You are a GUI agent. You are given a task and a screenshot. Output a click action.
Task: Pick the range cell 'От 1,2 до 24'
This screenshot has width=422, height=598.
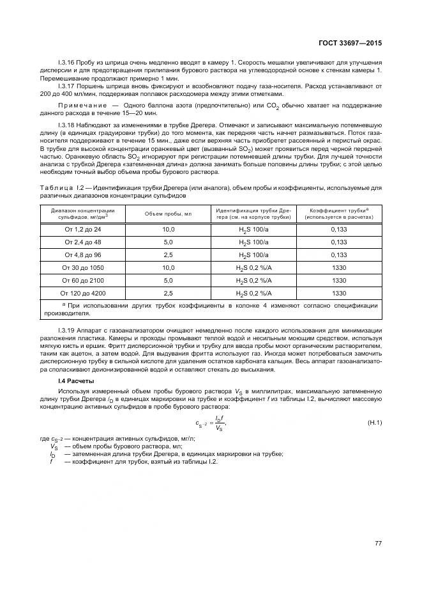tap(83, 228)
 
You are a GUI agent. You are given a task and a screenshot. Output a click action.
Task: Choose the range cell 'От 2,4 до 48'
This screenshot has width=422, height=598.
tap(83, 242)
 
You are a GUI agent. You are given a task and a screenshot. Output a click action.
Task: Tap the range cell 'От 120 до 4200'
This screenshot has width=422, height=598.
tap(83, 294)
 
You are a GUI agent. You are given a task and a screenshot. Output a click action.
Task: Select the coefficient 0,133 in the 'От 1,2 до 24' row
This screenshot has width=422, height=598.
tap(339, 228)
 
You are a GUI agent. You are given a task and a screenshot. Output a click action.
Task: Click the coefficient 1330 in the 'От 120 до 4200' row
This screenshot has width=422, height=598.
tap(339, 294)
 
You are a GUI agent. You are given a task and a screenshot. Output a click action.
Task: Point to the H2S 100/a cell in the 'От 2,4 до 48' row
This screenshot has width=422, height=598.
tap(253, 242)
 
